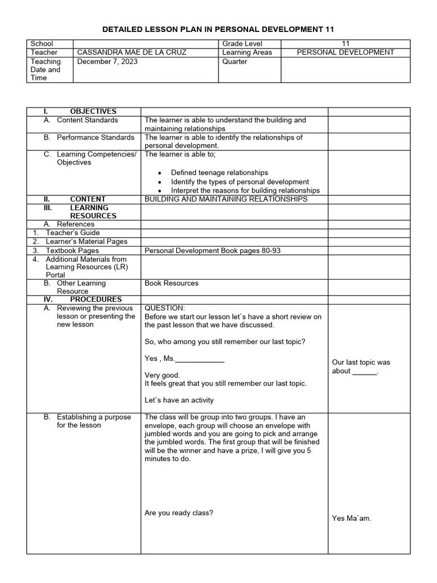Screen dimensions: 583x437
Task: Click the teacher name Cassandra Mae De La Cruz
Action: pos(131,52)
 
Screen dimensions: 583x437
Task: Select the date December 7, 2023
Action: pos(108,61)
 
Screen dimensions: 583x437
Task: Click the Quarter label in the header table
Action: pos(235,61)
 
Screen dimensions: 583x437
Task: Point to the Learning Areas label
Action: pos(248,52)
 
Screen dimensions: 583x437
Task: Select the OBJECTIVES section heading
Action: pos(93,111)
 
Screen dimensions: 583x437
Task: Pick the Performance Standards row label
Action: pos(95,137)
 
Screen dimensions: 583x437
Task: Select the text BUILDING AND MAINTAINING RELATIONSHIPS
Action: pos(226,199)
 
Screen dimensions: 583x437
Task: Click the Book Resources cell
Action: pos(171,283)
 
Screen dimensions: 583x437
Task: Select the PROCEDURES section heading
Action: pos(95,299)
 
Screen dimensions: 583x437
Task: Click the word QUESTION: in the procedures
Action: pos(165,308)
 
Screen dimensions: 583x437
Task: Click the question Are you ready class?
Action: pos(179,513)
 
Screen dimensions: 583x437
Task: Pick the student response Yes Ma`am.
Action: pos(352,518)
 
